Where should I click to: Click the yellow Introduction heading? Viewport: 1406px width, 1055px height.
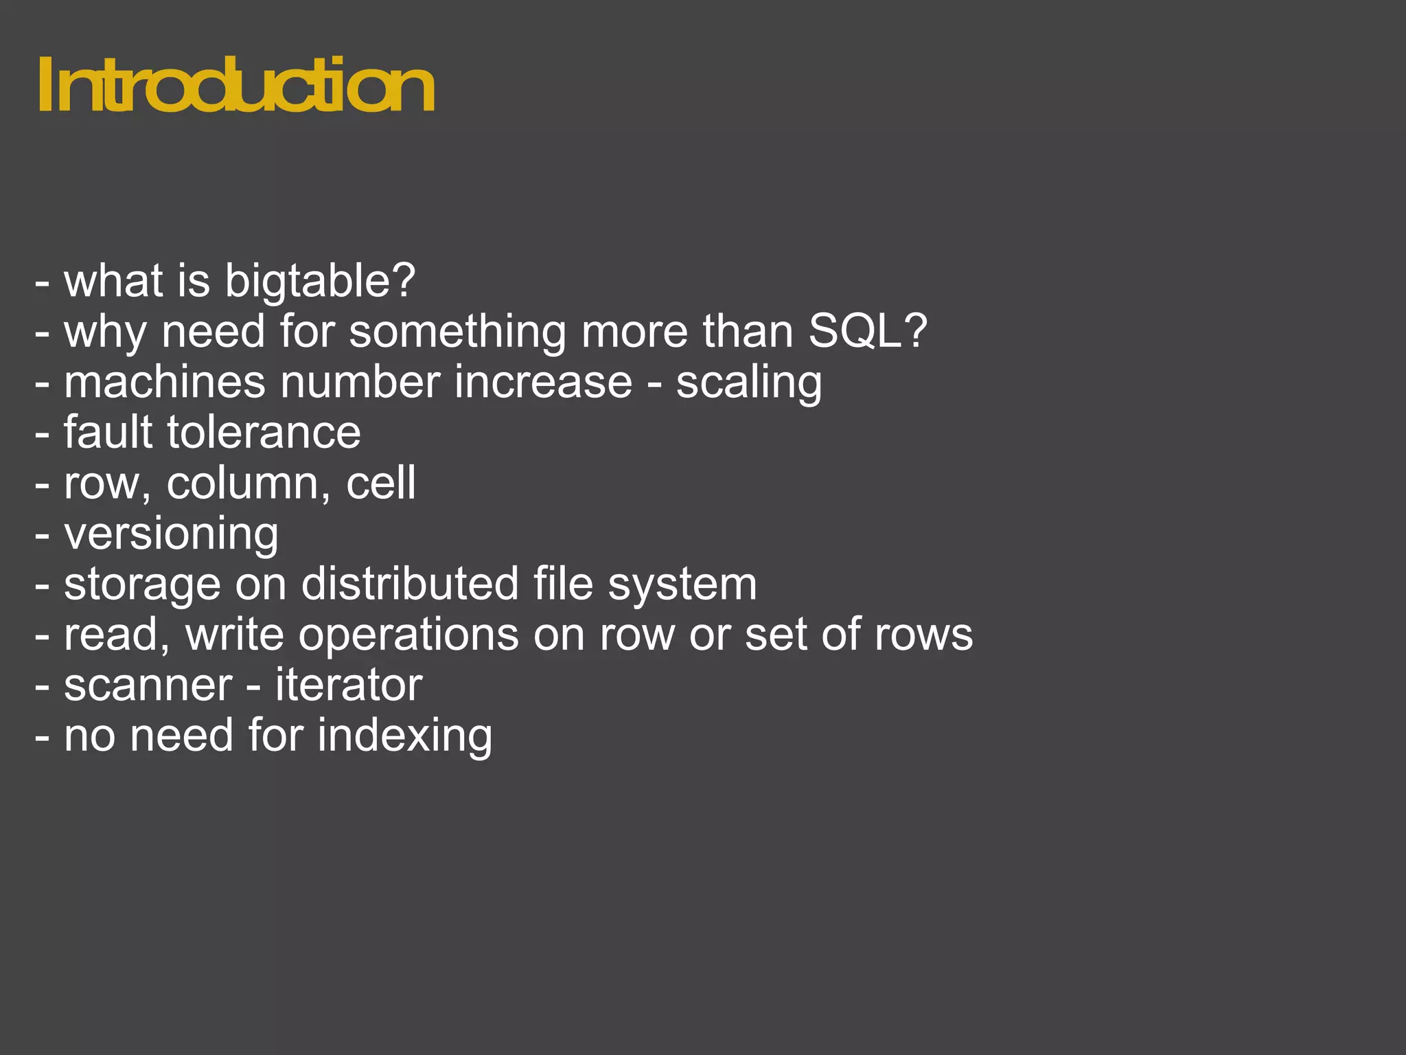point(235,85)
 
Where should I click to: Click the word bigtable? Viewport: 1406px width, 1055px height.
point(320,282)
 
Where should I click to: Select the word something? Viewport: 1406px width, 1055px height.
point(457,332)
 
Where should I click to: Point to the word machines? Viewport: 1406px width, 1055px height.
point(164,382)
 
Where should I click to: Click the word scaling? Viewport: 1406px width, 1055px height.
point(748,383)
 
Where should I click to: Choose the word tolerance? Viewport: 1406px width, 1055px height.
point(264,433)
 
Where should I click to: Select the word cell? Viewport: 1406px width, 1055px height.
point(381,482)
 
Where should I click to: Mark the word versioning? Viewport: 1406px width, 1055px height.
point(171,534)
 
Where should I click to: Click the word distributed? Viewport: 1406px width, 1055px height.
point(410,584)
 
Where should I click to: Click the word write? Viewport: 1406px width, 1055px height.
point(234,634)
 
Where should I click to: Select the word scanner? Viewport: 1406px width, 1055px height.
point(148,685)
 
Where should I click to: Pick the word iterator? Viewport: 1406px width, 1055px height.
point(349,685)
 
